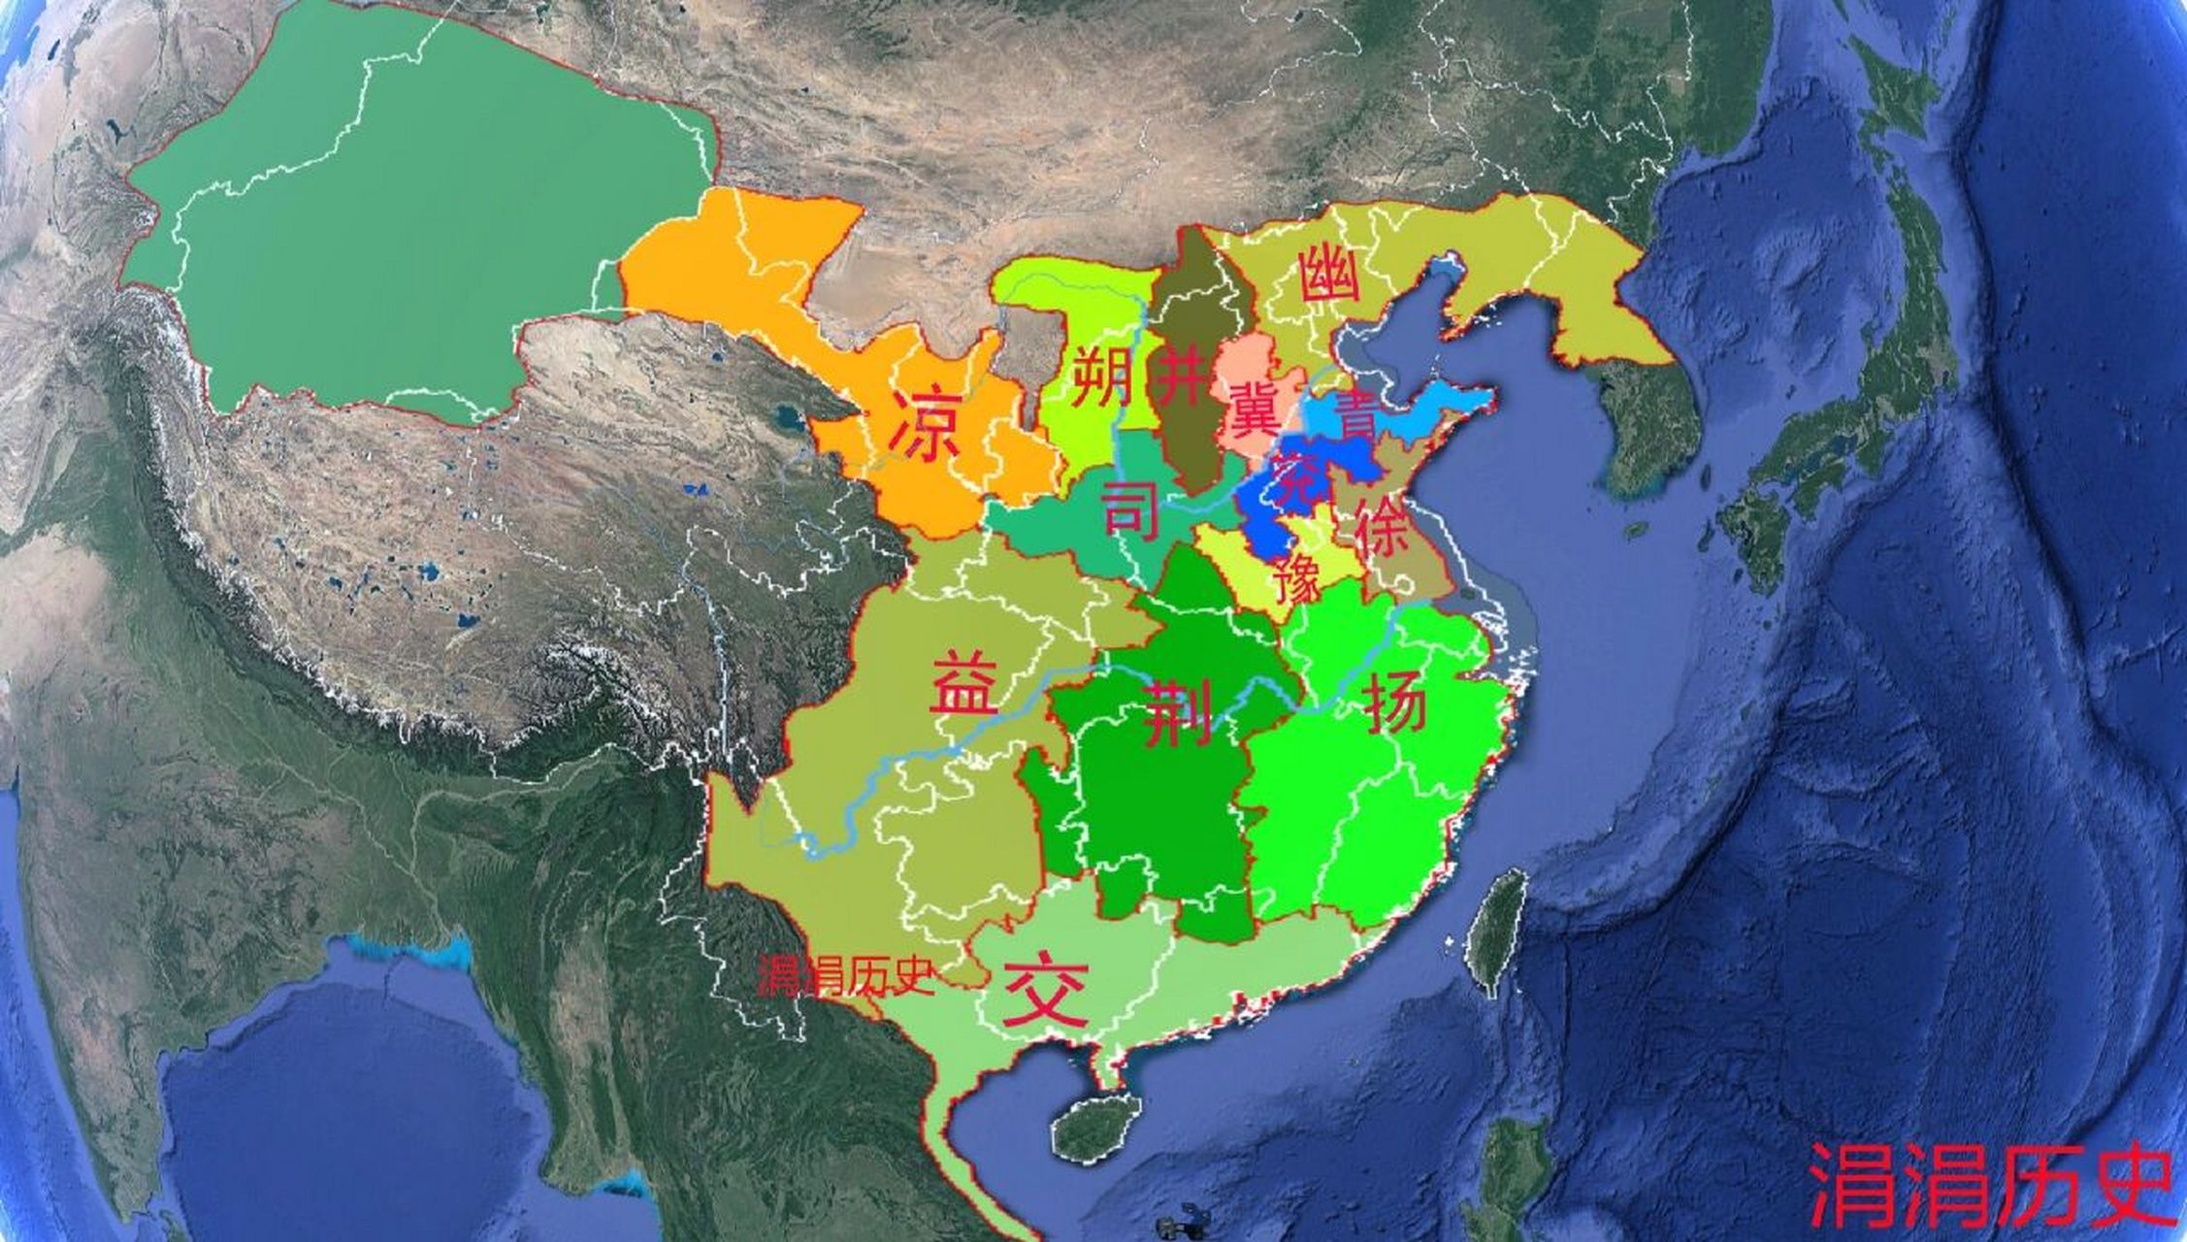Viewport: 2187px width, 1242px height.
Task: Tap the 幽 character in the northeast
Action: pyautogui.click(x=1329, y=275)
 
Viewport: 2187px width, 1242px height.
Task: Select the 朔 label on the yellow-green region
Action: pyautogui.click(x=1104, y=376)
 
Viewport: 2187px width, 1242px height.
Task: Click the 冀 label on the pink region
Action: pyautogui.click(x=1254, y=408)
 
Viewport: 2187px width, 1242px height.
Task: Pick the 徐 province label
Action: pyautogui.click(x=1382, y=531)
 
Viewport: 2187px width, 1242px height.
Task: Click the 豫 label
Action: pyautogui.click(x=1298, y=580)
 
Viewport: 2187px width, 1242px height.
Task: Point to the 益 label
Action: pyautogui.click(x=963, y=682)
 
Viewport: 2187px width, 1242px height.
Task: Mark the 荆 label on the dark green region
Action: pyautogui.click(x=1177, y=714)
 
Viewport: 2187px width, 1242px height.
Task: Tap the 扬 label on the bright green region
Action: pyautogui.click(x=1395, y=703)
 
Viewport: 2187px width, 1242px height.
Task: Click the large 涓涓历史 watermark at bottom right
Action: pyautogui.click(x=1989, y=1186)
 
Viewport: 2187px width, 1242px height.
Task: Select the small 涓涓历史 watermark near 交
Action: pyautogui.click(x=845, y=976)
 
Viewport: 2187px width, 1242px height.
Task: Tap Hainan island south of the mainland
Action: pyautogui.click(x=1096, y=1130)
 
